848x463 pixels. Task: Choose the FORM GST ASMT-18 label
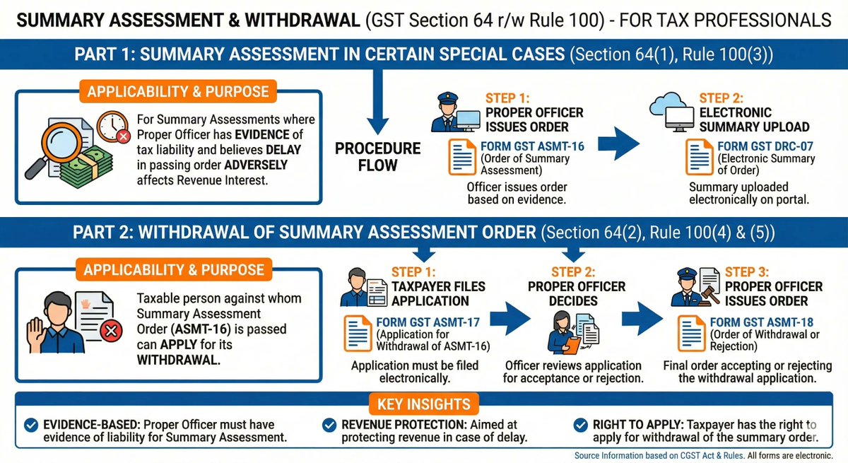tap(756, 322)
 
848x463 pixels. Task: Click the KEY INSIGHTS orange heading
tap(423, 404)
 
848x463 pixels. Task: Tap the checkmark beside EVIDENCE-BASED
tap(31, 425)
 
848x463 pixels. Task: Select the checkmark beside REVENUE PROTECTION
tap(329, 425)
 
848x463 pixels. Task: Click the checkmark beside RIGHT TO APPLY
tap(582, 425)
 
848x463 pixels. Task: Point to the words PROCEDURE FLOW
tap(377, 157)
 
